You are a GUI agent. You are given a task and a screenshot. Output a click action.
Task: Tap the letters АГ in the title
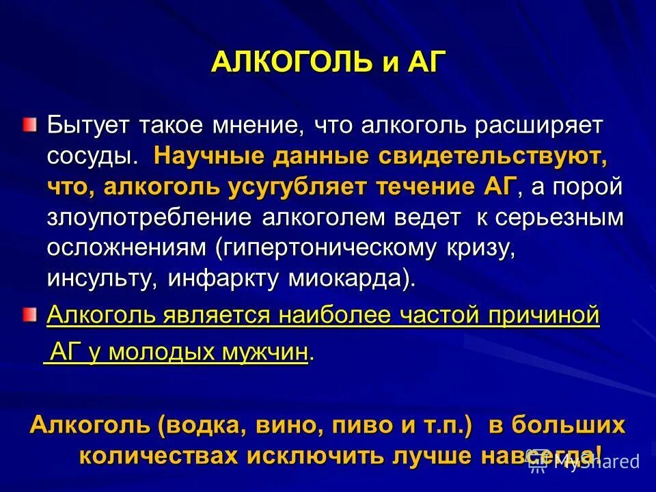click(x=423, y=63)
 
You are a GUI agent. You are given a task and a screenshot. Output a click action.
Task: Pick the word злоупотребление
click(x=150, y=217)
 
